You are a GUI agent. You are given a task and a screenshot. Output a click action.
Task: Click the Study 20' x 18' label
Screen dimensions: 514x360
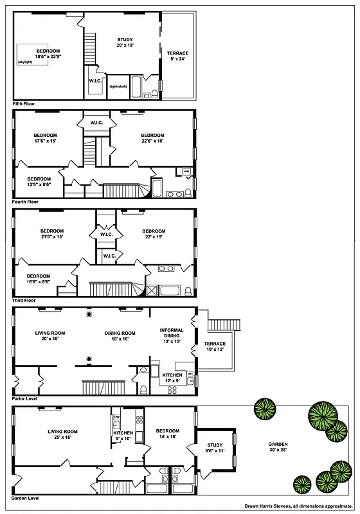tap(125, 42)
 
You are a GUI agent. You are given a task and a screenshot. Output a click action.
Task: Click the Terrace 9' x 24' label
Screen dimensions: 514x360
tap(178, 56)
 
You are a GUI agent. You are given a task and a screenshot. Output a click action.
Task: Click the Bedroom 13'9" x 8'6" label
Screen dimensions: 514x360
tap(39, 181)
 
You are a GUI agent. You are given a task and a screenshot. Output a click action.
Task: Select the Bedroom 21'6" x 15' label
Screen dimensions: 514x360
tap(52, 235)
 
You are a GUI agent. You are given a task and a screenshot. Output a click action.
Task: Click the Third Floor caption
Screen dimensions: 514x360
tap(27, 300)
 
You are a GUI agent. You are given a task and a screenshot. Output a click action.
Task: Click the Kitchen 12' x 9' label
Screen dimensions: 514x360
tap(172, 378)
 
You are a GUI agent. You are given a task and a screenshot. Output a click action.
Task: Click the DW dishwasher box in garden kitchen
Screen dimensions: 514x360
tap(116, 417)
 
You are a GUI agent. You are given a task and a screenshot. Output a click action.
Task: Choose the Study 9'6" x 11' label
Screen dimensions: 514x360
tap(214, 448)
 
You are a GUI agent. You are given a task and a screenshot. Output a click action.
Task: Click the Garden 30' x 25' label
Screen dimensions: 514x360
tap(278, 447)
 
